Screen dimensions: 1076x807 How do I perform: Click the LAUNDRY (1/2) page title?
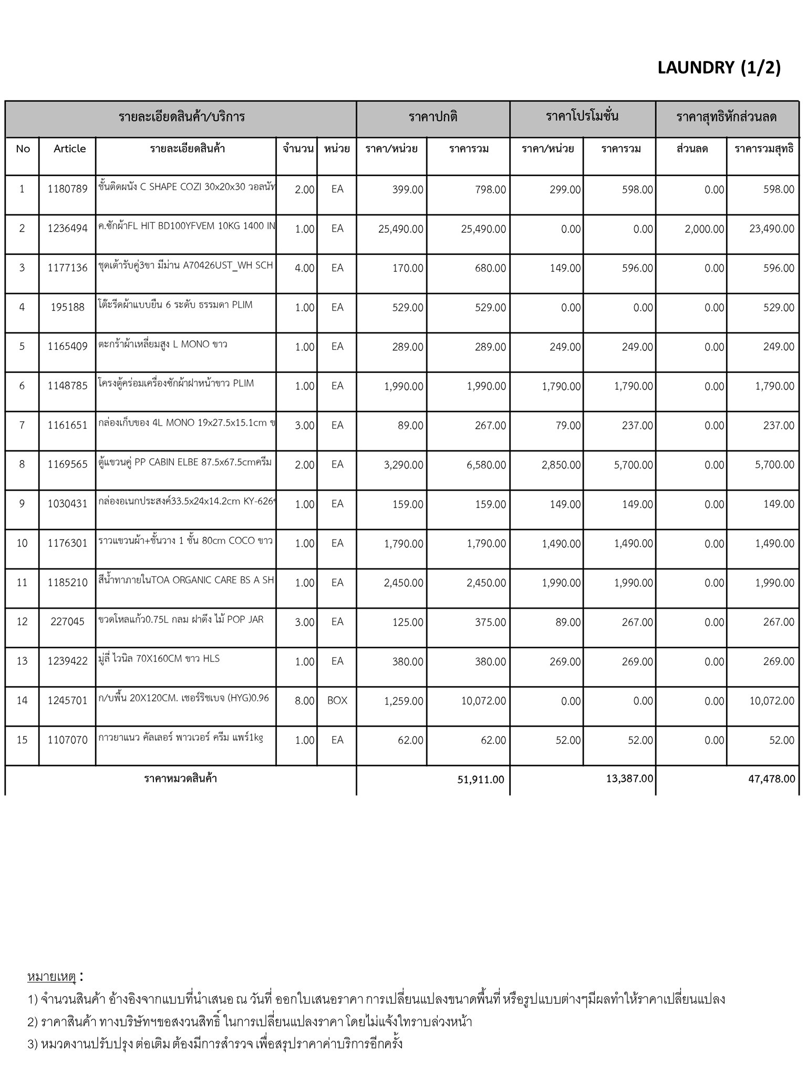pyautogui.click(x=719, y=68)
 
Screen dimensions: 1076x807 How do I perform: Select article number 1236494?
pyautogui.click(x=67, y=229)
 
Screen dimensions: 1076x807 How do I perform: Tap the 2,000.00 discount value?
pyautogui.click(x=704, y=229)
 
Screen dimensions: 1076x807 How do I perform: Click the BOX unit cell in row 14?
pyautogui.click(x=337, y=700)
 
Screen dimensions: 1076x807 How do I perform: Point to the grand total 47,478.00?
pyautogui.click(x=771, y=779)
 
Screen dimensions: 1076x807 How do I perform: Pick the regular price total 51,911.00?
pyautogui.click(x=480, y=779)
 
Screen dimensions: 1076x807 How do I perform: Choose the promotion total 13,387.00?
pyautogui.click(x=629, y=778)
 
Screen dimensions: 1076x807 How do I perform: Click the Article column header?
pyautogui.click(x=69, y=149)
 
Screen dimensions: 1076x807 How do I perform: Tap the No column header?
pyautogui.click(x=23, y=149)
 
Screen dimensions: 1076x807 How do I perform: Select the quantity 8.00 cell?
pyautogui.click(x=304, y=701)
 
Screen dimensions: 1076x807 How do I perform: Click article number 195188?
pyautogui.click(x=67, y=307)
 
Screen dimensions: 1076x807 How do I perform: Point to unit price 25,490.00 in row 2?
pyautogui.click(x=400, y=229)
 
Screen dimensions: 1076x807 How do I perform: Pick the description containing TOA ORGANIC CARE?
pyautogui.click(x=186, y=580)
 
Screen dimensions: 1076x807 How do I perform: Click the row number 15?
pyautogui.click(x=22, y=740)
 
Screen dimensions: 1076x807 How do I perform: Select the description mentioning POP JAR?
pyautogui.click(x=181, y=619)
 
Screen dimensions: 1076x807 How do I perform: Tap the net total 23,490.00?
pyautogui.click(x=771, y=229)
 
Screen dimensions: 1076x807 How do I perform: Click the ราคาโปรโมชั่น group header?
pyautogui.click(x=582, y=116)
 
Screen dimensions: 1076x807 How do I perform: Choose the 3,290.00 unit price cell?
pyautogui.click(x=403, y=465)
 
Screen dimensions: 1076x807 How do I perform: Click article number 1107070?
pyautogui.click(x=67, y=740)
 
